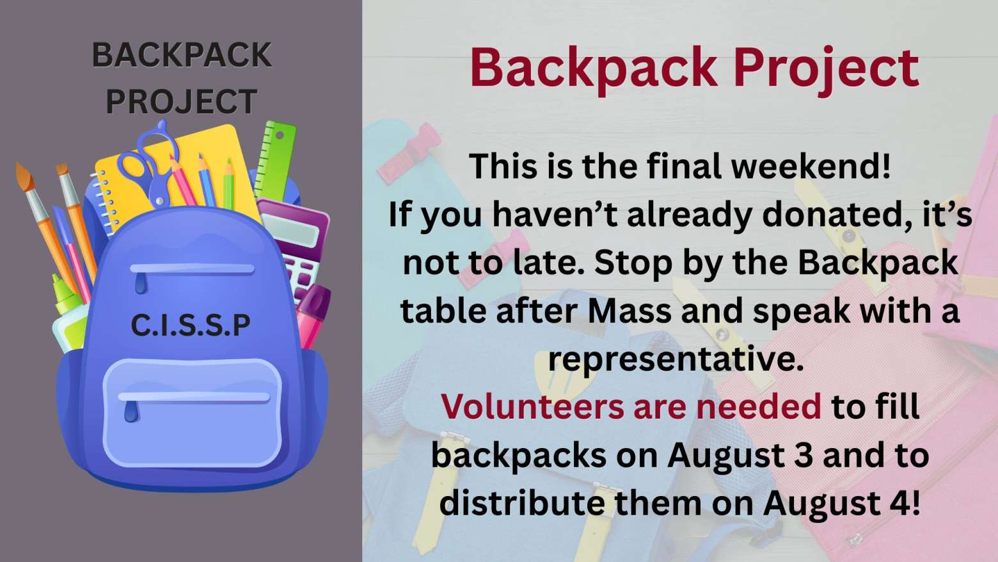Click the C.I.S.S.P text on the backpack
(x=191, y=325)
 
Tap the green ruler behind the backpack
(x=276, y=161)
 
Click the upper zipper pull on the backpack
(x=140, y=284)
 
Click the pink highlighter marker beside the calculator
(x=314, y=316)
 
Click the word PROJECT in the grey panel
(x=181, y=102)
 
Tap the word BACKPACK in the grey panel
(x=181, y=55)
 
